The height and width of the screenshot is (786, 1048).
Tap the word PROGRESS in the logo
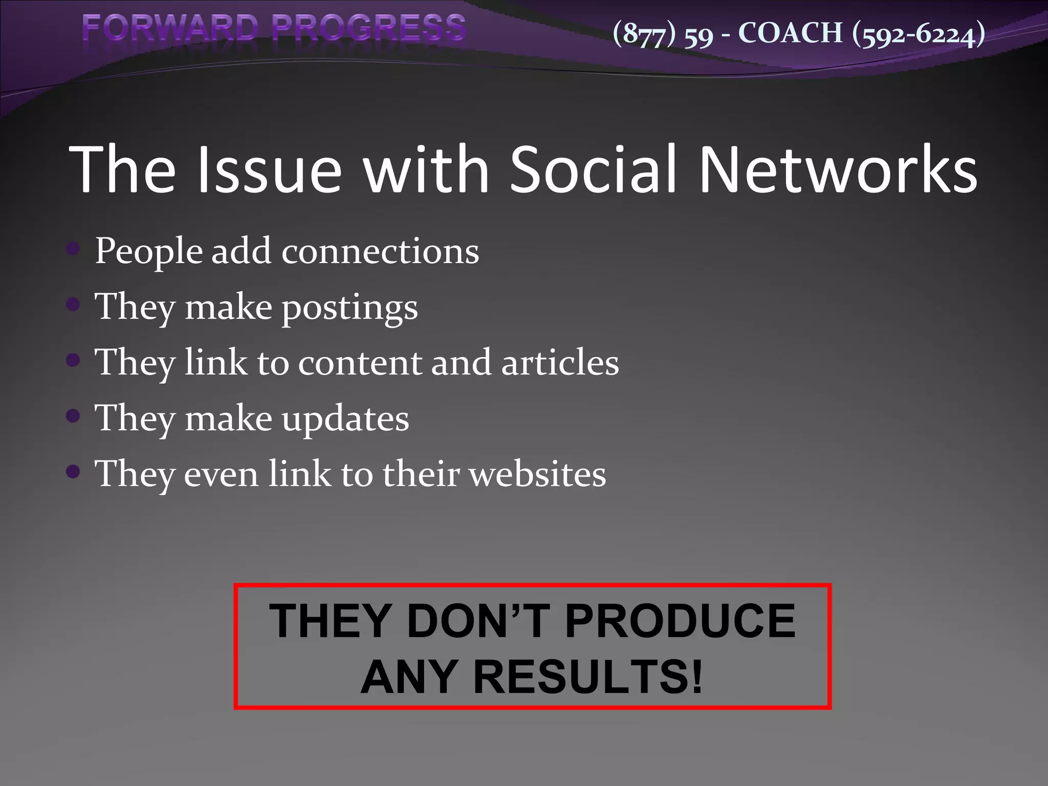(x=368, y=28)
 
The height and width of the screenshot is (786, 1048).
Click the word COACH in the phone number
(x=790, y=33)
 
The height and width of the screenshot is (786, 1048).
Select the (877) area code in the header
(x=644, y=34)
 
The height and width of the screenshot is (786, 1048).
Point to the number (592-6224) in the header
(x=919, y=34)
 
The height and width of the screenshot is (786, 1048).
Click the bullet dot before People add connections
(x=73, y=249)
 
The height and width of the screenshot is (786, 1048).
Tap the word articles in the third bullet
(x=560, y=362)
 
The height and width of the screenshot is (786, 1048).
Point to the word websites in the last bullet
(x=537, y=474)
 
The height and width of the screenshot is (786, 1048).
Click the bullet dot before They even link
(x=73, y=471)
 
